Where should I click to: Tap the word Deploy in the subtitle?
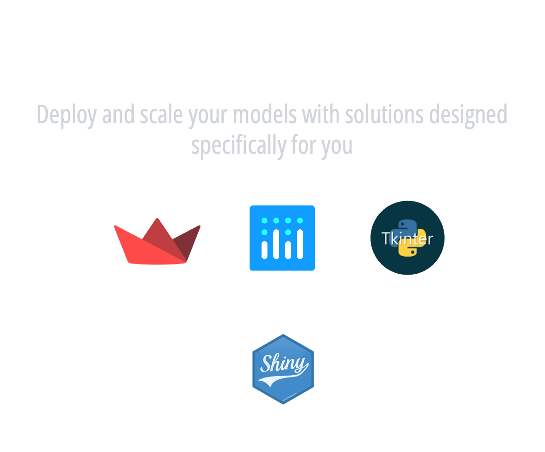pos(67,115)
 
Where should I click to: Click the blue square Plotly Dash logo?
pos(282,238)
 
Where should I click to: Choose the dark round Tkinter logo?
pos(407,238)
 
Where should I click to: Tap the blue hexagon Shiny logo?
pos(282,369)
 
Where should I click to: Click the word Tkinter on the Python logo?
pos(407,239)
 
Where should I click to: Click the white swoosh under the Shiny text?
pos(278,381)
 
